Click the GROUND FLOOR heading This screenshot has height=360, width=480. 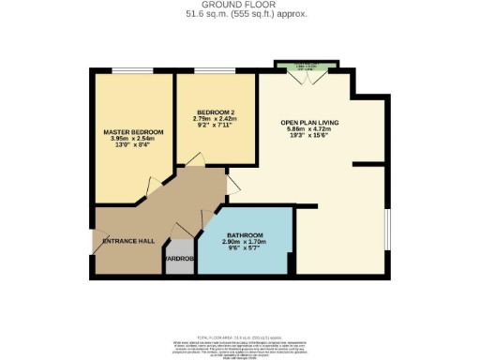pyautogui.click(x=239, y=6)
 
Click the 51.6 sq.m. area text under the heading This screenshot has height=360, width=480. pyautogui.click(x=239, y=15)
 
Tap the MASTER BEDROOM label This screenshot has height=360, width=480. pyautogui.click(x=133, y=131)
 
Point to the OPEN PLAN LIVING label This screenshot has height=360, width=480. pyautogui.click(x=308, y=123)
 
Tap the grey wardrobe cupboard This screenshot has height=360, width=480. pyautogui.click(x=177, y=262)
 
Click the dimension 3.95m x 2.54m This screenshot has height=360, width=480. pyautogui.click(x=133, y=139)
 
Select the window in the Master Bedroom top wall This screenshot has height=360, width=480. pyautogui.click(x=125, y=70)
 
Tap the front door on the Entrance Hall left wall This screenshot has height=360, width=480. pyautogui.click(x=96, y=242)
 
